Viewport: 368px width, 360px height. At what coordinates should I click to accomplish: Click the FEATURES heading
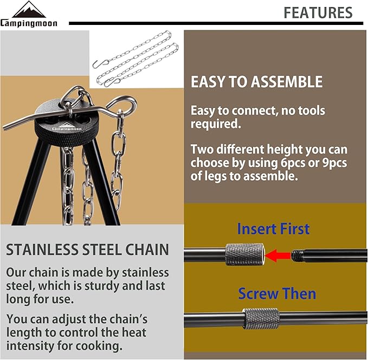point(318,12)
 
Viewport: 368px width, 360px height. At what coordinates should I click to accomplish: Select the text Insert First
point(273,228)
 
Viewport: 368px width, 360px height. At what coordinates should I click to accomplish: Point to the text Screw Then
point(277,293)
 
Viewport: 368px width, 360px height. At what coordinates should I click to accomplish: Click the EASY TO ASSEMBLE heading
point(256,82)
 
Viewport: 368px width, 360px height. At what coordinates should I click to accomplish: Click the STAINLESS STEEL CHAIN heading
point(88,250)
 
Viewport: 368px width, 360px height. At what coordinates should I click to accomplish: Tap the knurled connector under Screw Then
point(261,319)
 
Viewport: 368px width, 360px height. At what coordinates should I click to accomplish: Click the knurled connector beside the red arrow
point(244,253)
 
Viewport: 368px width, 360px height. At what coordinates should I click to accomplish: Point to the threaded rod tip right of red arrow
point(300,253)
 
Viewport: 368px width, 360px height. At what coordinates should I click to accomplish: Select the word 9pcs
point(331,163)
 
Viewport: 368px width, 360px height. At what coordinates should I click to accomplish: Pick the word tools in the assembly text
point(311,111)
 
